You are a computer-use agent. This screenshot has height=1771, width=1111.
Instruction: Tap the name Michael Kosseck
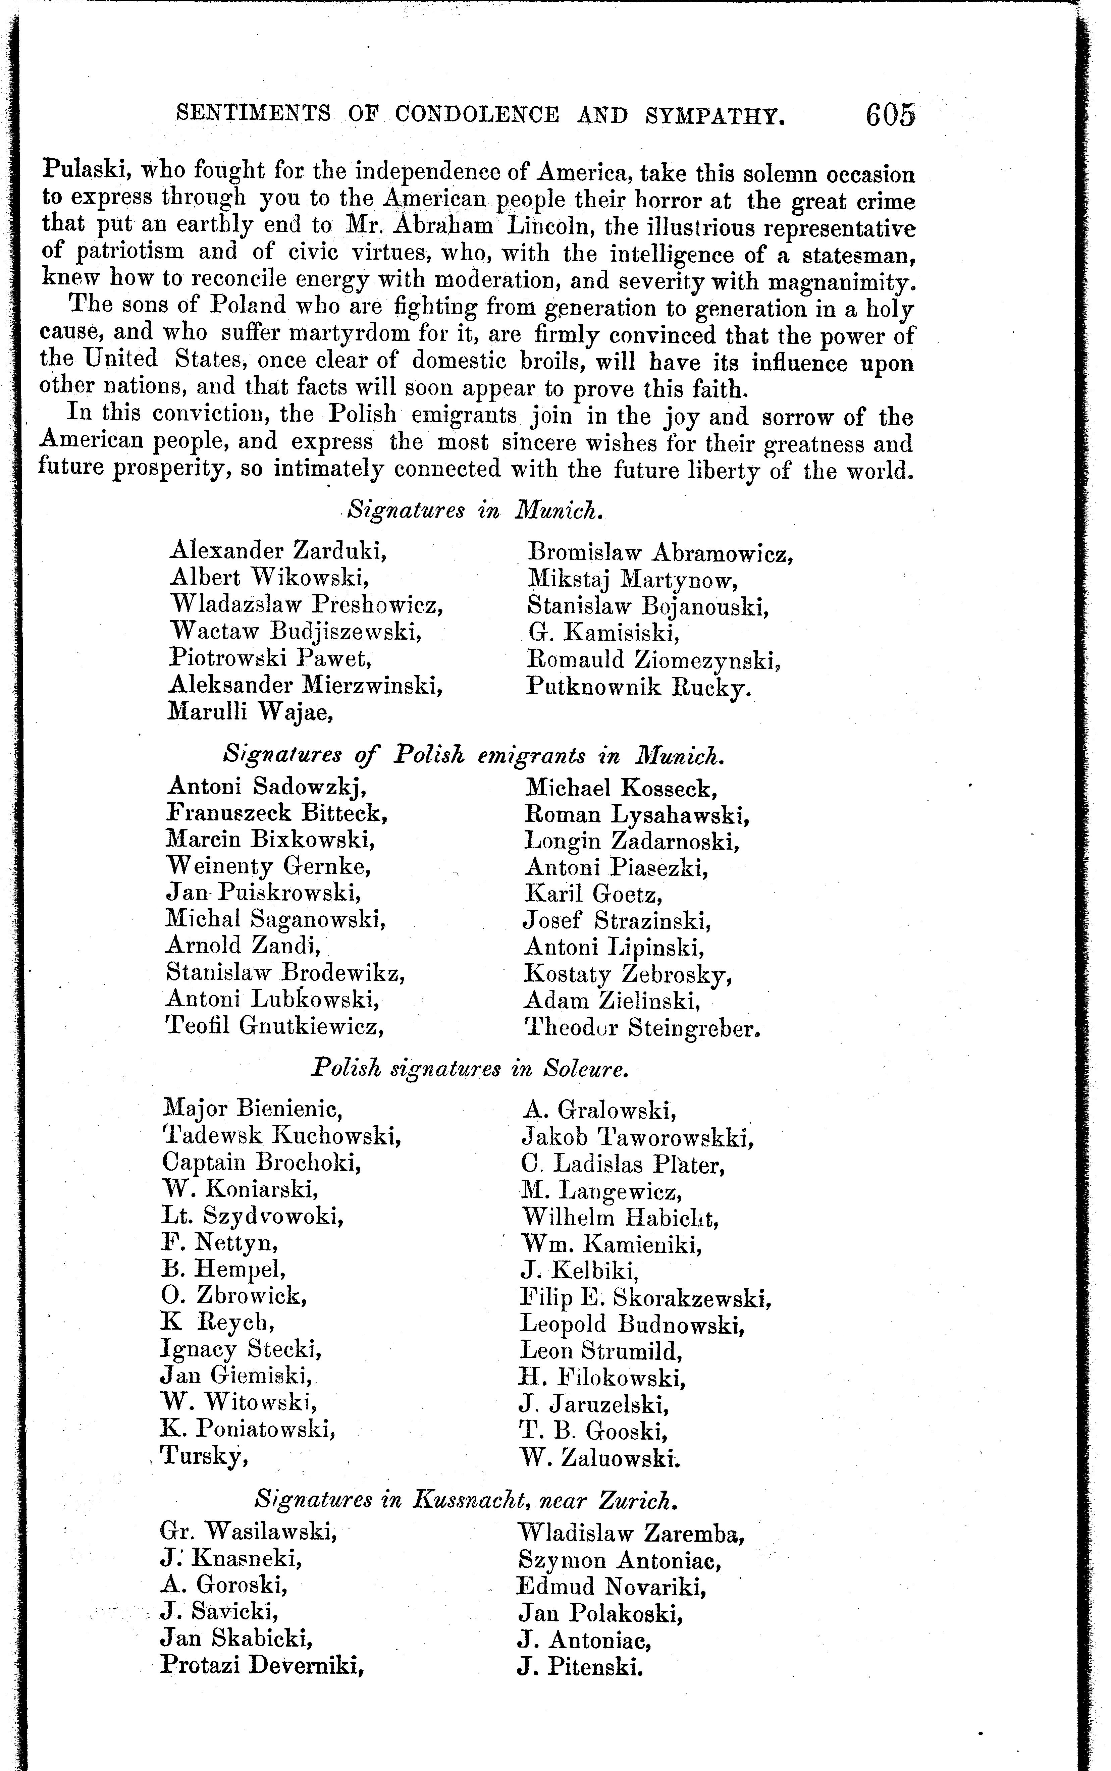point(621,788)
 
